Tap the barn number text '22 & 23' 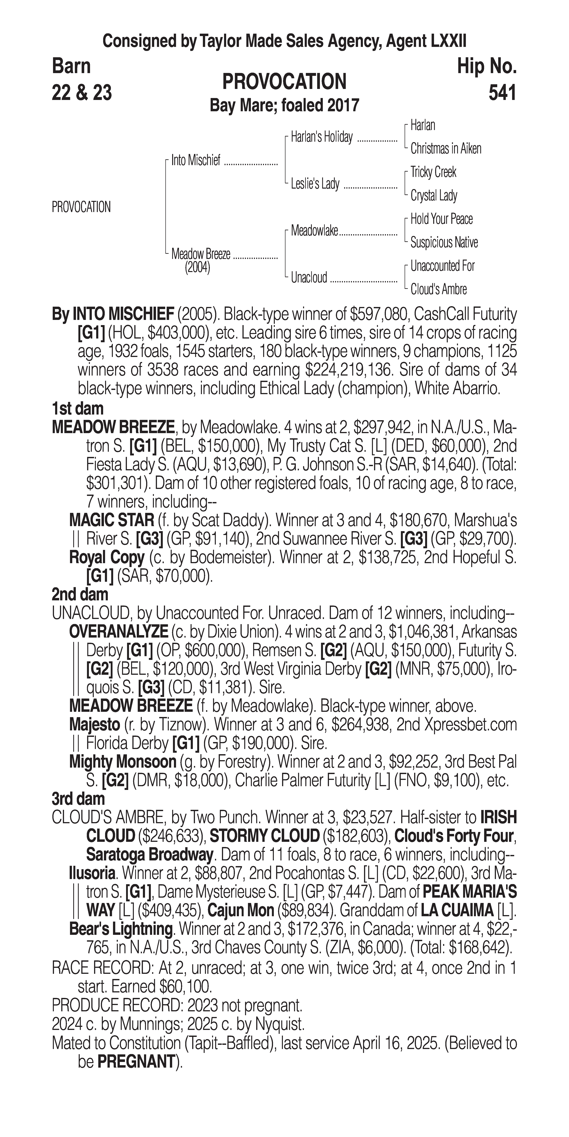[82, 93]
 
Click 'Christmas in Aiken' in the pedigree [446, 149]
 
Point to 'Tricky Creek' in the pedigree [433, 172]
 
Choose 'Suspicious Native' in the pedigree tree [444, 242]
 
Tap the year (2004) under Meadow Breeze [197, 268]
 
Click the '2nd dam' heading [80, 595]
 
